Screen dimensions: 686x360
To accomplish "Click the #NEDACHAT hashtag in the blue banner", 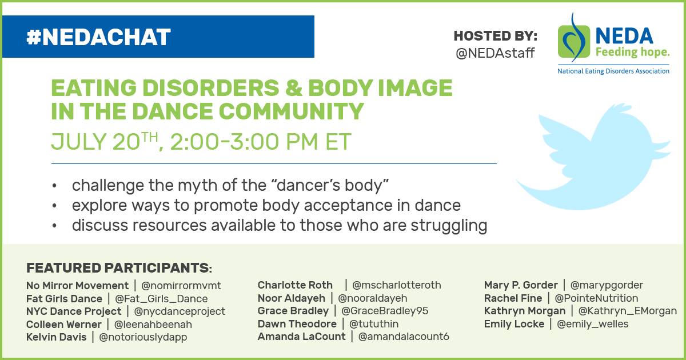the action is (x=98, y=37).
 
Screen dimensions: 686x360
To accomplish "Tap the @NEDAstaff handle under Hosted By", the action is (x=495, y=53).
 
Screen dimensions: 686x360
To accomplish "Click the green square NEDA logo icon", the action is (x=574, y=42).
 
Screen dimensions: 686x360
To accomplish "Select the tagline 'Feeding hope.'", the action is (x=632, y=52).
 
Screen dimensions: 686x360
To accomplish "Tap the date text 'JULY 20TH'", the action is (x=105, y=142).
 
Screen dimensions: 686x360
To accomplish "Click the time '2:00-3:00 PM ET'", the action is (x=260, y=142).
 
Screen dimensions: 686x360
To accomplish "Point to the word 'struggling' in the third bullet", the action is (x=449, y=226).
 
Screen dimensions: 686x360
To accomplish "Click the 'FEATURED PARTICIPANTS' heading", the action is (x=119, y=268).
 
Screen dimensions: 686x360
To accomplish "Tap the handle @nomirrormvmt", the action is (x=181, y=286).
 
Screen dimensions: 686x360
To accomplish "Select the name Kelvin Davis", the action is (x=57, y=337).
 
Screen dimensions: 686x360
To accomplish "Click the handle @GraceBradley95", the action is (x=385, y=311).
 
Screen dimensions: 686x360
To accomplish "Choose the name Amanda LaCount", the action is (x=302, y=337).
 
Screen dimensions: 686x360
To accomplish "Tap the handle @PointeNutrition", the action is (x=596, y=298).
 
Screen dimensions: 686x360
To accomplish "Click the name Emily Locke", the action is (x=514, y=324).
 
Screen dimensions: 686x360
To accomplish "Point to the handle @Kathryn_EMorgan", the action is (x=627, y=311).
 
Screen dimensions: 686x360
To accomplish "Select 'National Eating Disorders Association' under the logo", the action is (x=613, y=71).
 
